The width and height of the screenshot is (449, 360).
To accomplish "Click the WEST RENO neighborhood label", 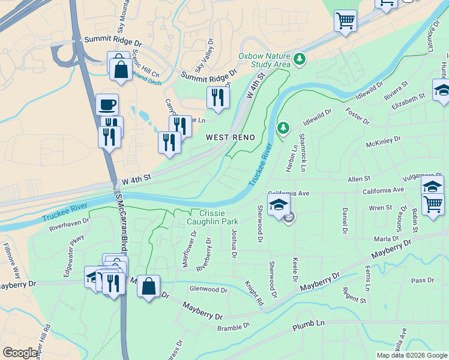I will (231, 137).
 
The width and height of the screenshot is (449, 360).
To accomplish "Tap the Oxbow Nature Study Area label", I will (264, 60).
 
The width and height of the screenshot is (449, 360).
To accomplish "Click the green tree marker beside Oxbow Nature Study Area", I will (299, 59).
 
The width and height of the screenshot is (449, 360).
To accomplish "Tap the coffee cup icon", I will (107, 104).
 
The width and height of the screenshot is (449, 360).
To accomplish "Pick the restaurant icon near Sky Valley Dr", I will (217, 97).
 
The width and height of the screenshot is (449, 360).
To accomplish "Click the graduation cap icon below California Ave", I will (279, 205).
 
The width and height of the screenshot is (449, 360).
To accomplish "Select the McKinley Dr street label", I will (383, 144).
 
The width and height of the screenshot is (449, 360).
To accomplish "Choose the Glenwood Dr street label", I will (208, 290).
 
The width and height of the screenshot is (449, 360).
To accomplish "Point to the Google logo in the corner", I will (20, 353).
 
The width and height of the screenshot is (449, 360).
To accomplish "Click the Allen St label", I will (360, 179).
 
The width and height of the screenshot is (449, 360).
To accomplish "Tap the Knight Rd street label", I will (254, 292).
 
